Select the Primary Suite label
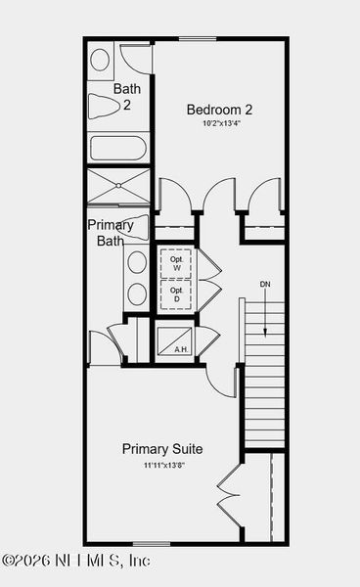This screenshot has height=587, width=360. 162,449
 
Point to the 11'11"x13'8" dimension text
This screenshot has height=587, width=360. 162,465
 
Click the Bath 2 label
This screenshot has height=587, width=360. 127,97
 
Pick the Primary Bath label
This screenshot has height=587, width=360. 111,233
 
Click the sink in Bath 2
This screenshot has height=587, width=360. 100,60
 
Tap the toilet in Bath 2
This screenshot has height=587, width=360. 103,106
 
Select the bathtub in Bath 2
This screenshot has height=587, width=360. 118,149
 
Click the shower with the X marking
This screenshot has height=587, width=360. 118,186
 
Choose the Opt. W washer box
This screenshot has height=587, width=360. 177,263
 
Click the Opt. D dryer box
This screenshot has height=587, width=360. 177,294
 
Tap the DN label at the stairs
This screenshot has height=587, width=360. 264,285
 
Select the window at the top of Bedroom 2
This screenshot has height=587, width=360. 198,39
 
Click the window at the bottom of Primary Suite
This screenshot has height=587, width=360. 152,543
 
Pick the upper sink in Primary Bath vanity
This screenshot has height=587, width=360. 137,261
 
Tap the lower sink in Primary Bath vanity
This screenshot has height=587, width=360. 137,293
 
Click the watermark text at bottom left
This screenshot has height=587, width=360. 76,562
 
